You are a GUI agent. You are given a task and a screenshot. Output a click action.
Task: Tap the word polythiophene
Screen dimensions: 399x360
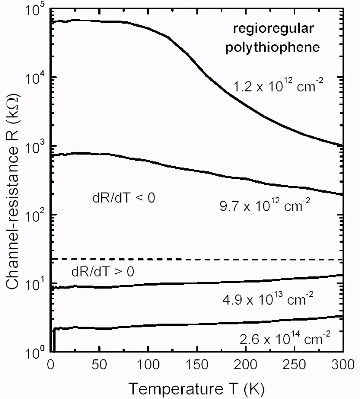tap(272, 48)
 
